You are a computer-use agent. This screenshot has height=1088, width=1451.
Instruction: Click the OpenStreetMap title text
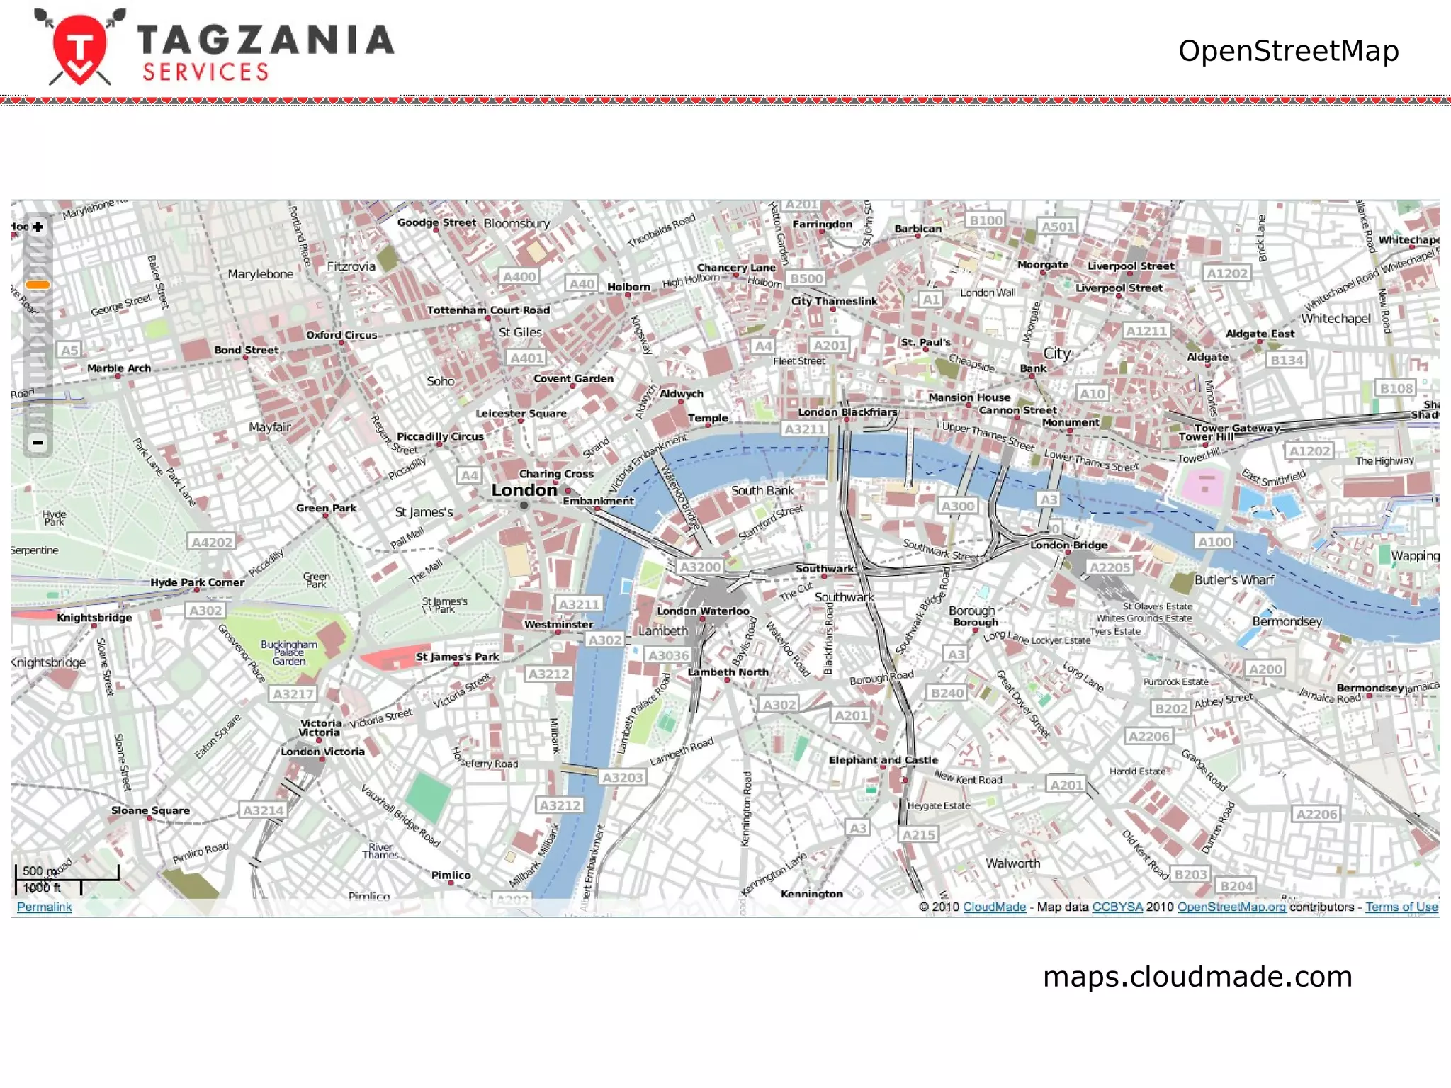1288,51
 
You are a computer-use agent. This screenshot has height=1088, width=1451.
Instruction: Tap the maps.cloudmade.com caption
1197,977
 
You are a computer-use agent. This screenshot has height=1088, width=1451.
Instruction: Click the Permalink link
44,907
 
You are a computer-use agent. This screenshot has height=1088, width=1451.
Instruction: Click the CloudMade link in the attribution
994,907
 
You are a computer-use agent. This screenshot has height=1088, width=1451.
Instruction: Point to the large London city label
524,490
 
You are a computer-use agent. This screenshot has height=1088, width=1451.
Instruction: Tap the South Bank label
762,490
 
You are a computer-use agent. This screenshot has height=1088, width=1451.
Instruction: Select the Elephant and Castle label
883,760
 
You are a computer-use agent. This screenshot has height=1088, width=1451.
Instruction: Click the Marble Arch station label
119,368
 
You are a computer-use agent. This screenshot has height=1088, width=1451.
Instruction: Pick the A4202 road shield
212,543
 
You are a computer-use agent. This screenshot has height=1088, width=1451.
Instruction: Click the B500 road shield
807,278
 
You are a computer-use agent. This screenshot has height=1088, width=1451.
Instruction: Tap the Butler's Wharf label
1233,579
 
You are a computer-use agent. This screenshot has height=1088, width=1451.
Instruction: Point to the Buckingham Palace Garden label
289,653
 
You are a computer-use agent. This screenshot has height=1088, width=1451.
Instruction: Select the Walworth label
1012,863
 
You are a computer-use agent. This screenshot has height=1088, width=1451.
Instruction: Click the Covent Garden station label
573,379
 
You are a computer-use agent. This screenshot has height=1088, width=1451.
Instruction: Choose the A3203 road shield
622,778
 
